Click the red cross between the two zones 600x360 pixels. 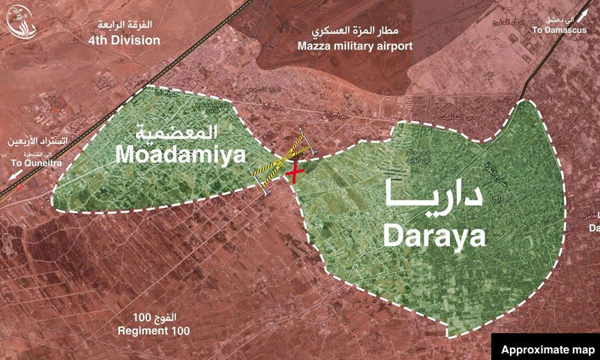click(x=296, y=171)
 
